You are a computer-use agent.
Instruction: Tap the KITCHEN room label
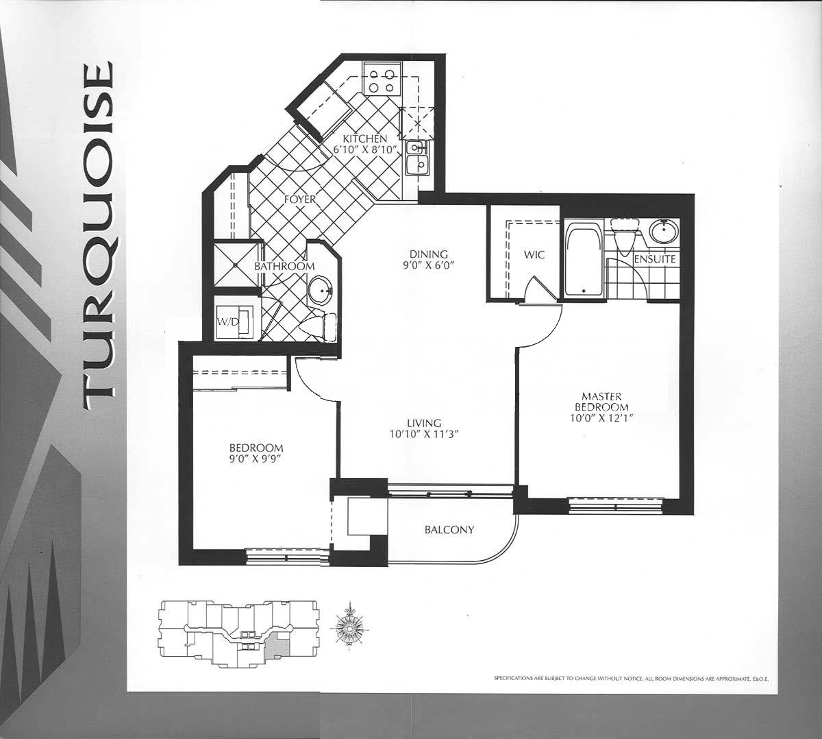pyautogui.click(x=364, y=138)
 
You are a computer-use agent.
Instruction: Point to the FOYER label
pyautogui.click(x=300, y=199)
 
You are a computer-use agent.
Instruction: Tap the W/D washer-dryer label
pyautogui.click(x=227, y=322)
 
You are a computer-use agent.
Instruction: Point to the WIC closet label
pyautogui.click(x=534, y=255)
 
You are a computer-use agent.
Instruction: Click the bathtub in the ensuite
pyautogui.click(x=584, y=259)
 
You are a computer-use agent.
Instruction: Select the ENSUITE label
pyautogui.click(x=655, y=259)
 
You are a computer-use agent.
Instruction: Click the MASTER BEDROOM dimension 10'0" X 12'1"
pyautogui.click(x=601, y=417)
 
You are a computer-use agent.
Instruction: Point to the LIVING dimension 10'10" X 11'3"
pyautogui.click(x=424, y=434)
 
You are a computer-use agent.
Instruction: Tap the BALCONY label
pyautogui.click(x=449, y=529)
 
